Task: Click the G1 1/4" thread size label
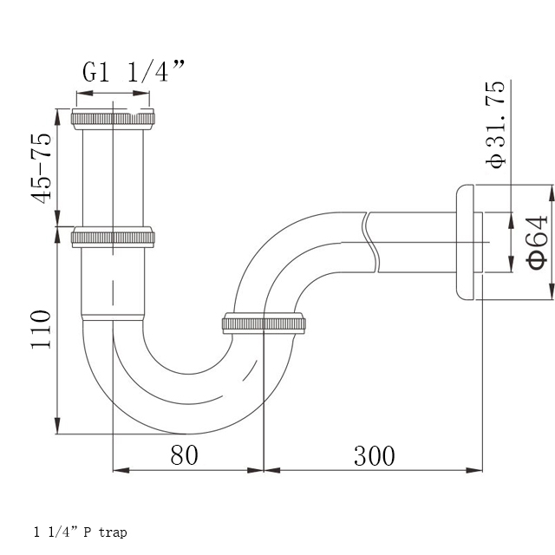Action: [x=134, y=71]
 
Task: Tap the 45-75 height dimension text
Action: [x=42, y=168]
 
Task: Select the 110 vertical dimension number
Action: [x=41, y=330]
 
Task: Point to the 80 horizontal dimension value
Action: [x=184, y=454]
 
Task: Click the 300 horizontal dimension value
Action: [x=374, y=456]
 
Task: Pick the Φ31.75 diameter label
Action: [x=495, y=125]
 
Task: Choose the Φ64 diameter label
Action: [x=537, y=243]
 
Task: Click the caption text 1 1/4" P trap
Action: [x=81, y=532]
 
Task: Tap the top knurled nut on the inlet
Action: [x=113, y=119]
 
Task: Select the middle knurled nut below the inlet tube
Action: [x=113, y=237]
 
